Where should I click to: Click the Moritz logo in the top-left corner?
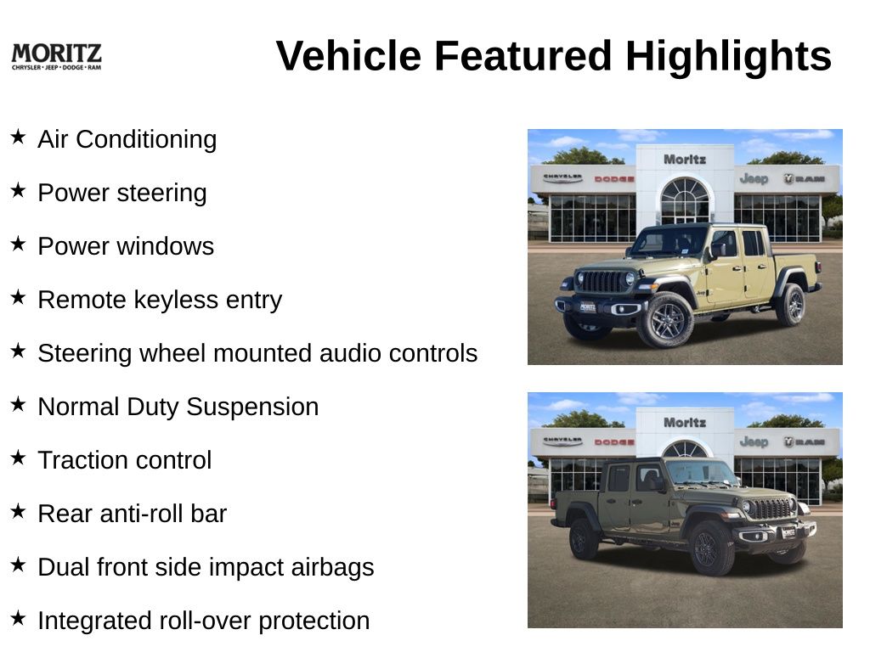click(x=57, y=57)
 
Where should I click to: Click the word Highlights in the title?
click(x=728, y=56)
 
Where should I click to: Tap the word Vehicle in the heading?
click(x=348, y=56)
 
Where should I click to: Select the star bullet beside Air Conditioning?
click(x=18, y=137)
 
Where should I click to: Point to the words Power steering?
click(x=122, y=193)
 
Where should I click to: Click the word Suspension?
click(x=252, y=407)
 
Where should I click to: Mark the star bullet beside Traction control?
click(x=18, y=458)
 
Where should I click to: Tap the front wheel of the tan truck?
click(x=665, y=320)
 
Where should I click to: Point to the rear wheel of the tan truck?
click(x=792, y=305)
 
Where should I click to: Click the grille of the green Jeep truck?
click(x=771, y=509)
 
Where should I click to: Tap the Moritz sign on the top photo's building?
click(x=685, y=160)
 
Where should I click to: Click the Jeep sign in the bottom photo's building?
click(x=754, y=441)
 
